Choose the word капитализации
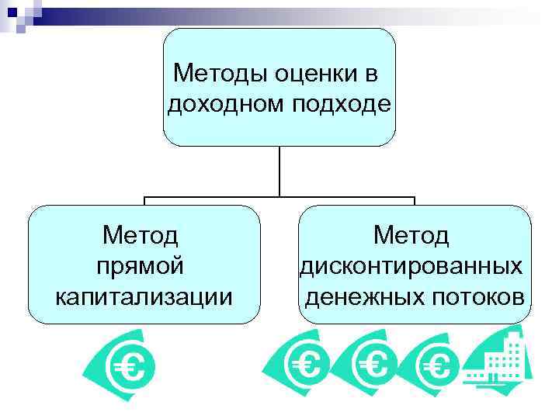coord(144,296)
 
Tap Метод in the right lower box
coord(411,234)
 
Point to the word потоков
coord(478,296)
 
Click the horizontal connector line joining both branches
coord(279,197)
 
